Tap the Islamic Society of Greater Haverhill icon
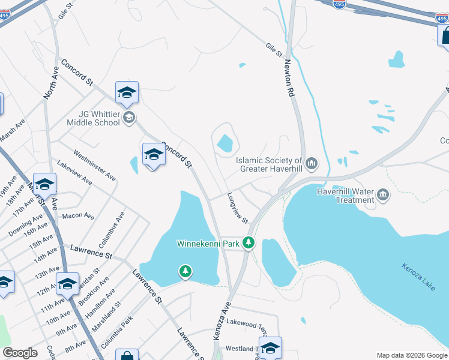point(312,163)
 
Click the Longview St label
point(238,208)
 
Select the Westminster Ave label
point(94,165)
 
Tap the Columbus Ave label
point(111,230)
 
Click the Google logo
point(20,353)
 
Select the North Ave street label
point(50,83)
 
